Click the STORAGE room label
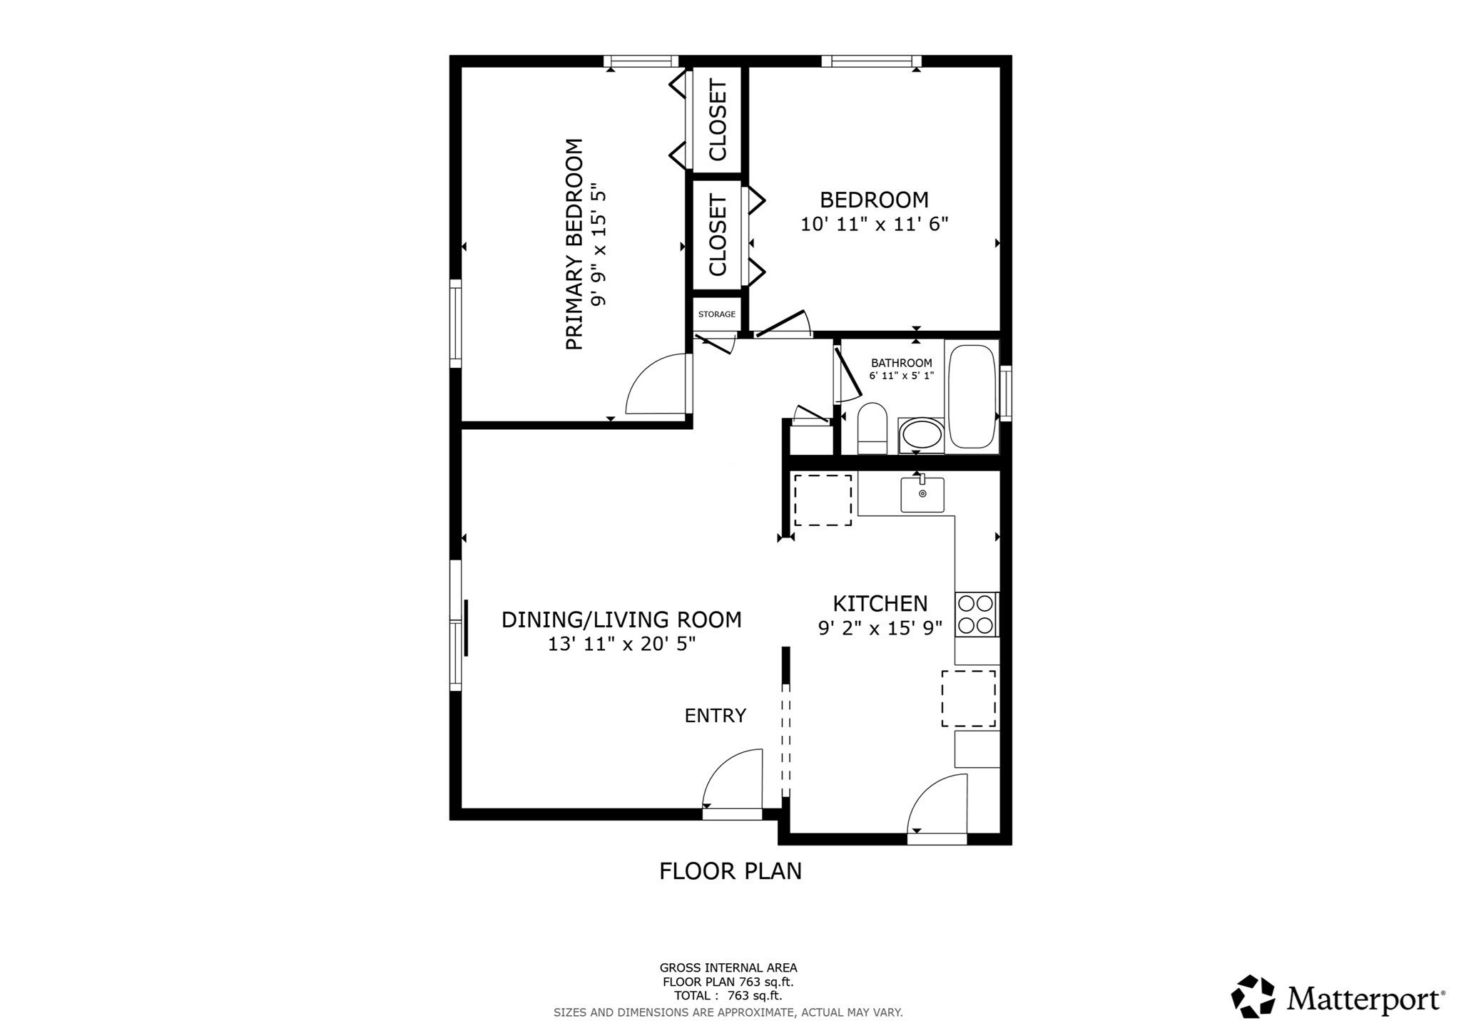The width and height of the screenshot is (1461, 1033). pos(716,314)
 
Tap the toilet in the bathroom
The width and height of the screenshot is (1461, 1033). pos(872,428)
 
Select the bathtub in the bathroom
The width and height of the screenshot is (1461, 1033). pos(972,396)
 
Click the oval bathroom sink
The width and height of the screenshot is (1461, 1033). pos(921,435)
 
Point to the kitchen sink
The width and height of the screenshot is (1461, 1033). pos(922,494)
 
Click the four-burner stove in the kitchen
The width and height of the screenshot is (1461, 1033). pos(976,615)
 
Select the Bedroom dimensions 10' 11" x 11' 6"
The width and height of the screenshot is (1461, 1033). pos(874,225)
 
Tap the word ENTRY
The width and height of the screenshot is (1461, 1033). pos(715,716)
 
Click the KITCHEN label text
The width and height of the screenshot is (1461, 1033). pos(880,604)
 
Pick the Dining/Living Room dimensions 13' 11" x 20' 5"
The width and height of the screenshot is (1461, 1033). pos(621,644)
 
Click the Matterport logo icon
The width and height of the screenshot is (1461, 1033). pos(1253,996)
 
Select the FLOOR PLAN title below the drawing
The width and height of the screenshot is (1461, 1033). pos(730,871)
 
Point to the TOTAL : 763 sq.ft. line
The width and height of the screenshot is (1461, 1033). pos(728,996)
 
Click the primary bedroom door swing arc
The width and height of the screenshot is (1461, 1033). pos(653,385)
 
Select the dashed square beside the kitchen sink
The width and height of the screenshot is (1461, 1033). pos(823,500)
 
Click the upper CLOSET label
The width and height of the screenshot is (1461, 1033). pos(718,120)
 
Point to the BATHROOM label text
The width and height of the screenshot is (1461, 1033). pos(901,363)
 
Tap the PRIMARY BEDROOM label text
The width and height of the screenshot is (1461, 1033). pos(574,244)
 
